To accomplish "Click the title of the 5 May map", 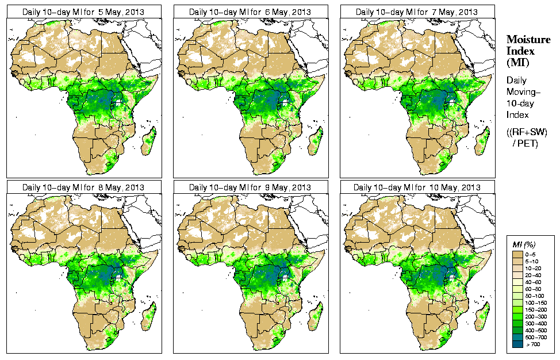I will tap(83, 11).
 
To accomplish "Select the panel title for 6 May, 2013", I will tap(250, 11).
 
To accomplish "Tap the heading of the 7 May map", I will tap(417, 11).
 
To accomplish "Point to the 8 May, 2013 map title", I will tap(83, 187).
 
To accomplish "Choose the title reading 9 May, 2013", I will tap(250, 187).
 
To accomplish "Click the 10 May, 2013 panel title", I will tap(417, 187).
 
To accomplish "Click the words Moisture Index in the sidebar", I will tap(528, 45).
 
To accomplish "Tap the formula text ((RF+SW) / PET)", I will tap(527, 138).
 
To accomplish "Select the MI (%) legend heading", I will tap(521, 245).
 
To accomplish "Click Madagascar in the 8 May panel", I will tap(149, 317).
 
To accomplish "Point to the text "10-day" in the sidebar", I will tap(520, 103).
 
